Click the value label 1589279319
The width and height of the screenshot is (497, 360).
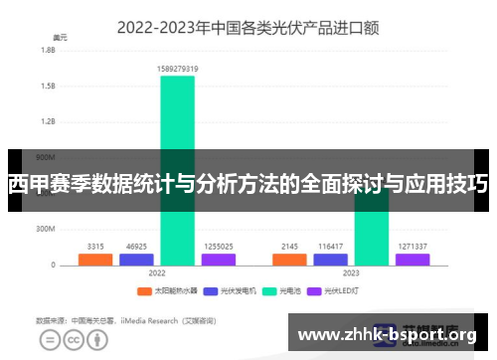177,69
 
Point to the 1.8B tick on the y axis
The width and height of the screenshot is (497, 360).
48,50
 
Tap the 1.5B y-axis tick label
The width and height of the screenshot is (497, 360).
48,86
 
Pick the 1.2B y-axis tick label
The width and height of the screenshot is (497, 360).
48,121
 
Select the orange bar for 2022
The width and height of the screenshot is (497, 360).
95,259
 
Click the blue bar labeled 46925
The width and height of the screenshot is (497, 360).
136,259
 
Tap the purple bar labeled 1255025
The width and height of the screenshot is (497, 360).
218,259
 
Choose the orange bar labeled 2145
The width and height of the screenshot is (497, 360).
290,259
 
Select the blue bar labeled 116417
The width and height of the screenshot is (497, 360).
331,259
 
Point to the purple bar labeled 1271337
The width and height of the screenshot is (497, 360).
413,259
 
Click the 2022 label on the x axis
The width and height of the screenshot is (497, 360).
157,271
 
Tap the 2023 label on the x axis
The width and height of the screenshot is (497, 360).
351,271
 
